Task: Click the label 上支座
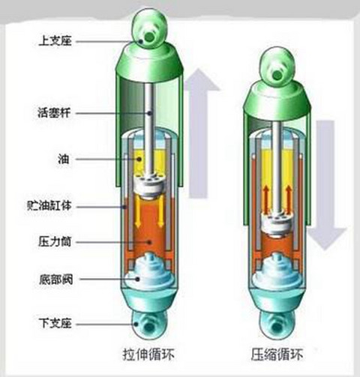(55, 40)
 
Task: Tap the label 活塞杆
(54, 112)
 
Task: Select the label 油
(64, 159)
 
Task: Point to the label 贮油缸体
(49, 206)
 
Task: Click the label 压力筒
(55, 242)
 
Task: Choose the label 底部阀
(56, 279)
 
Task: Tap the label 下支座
(55, 323)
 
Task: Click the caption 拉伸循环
(148, 354)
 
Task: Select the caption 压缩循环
(277, 354)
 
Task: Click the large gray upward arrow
(199, 133)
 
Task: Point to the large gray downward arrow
(325, 185)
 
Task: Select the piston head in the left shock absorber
(149, 185)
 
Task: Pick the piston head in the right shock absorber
(277, 223)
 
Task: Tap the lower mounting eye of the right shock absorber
(277, 325)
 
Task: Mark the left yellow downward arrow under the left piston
(137, 211)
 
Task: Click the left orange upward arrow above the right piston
(266, 199)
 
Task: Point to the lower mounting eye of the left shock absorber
(149, 325)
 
